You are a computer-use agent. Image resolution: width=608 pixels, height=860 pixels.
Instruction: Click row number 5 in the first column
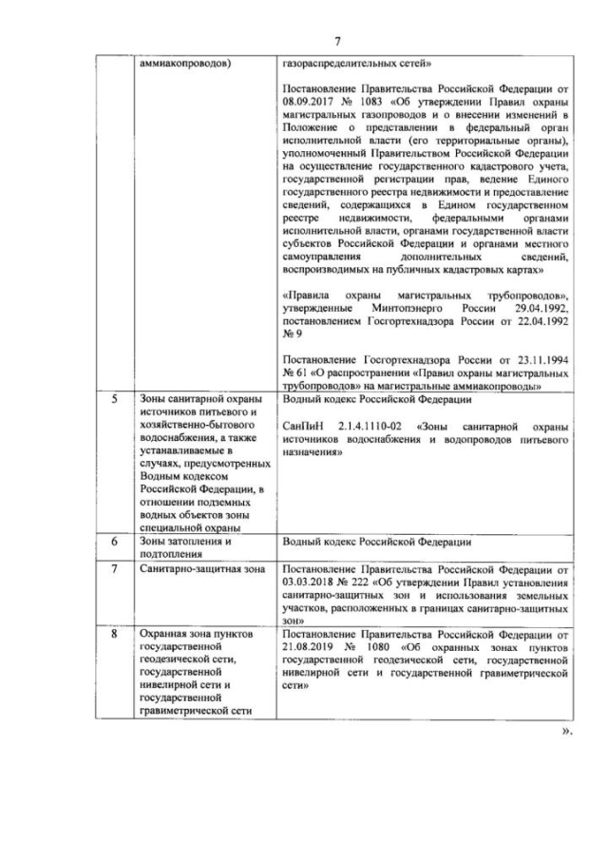[x=113, y=400]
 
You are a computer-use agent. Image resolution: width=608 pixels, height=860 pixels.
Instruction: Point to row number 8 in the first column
[x=113, y=632]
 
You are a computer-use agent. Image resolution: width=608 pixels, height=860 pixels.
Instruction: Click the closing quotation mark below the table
[x=568, y=730]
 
